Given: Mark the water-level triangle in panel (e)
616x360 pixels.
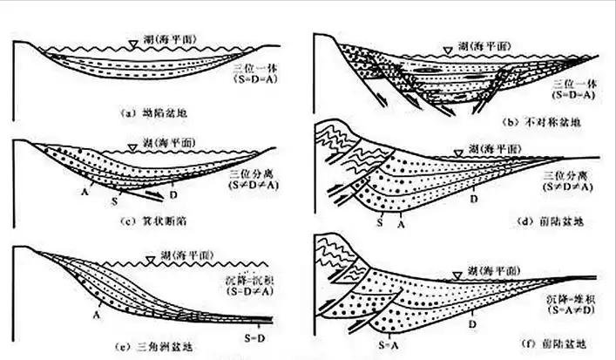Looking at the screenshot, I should [x=151, y=258].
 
